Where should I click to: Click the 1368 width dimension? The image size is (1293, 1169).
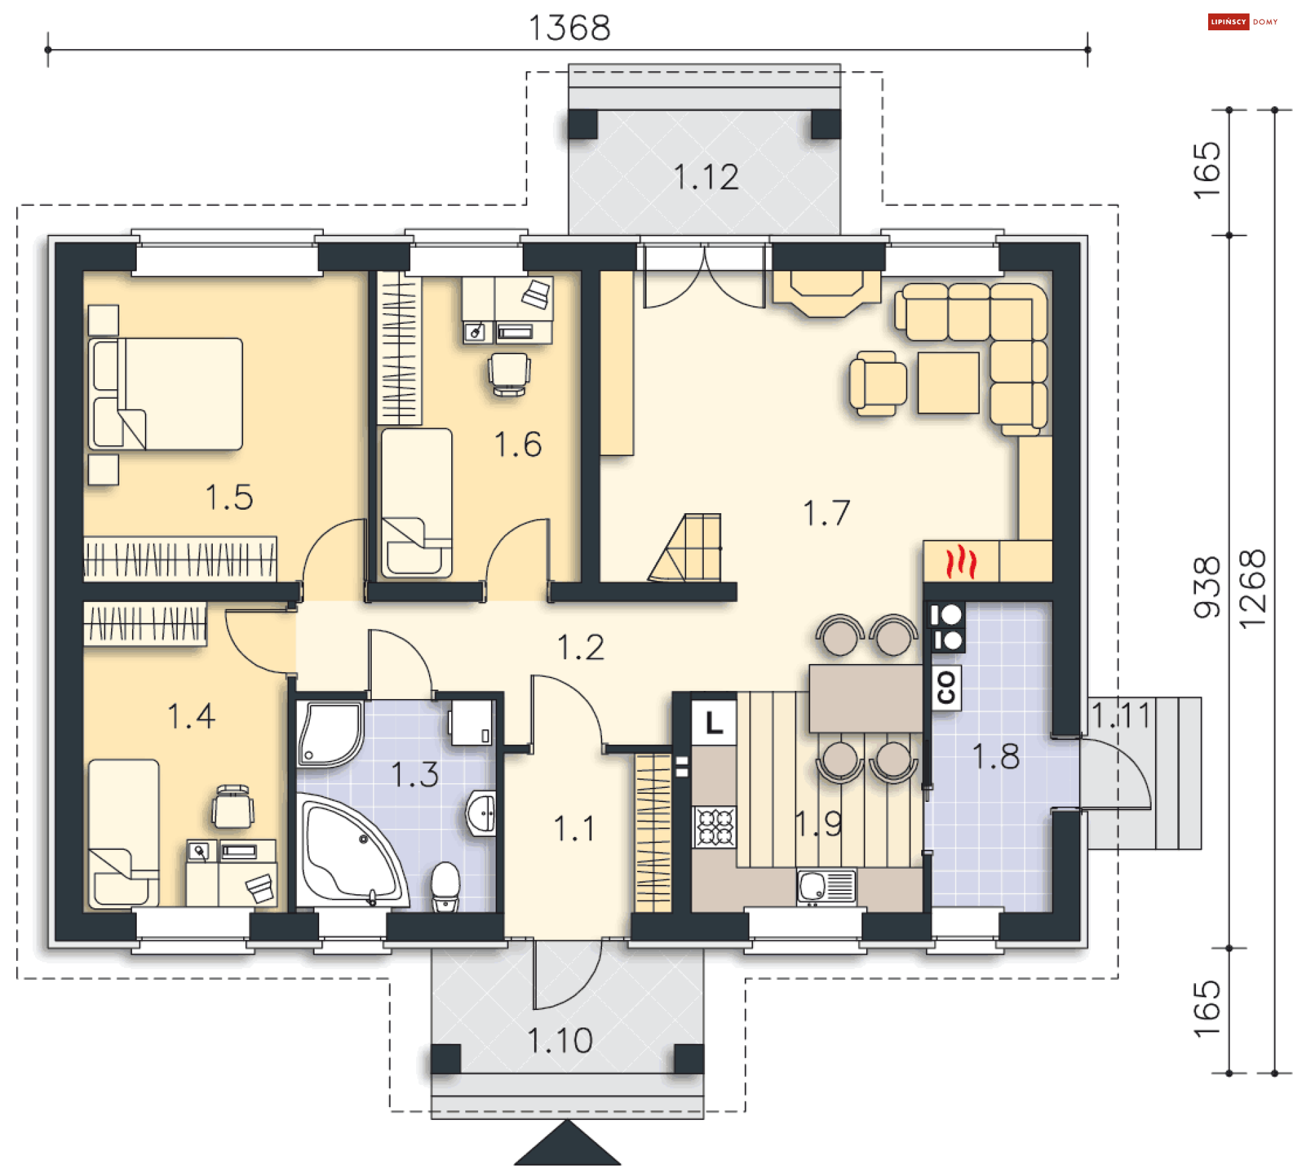[x=570, y=28]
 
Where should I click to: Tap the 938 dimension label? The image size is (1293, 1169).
[x=1207, y=587]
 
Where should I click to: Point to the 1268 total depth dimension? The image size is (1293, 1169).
[x=1253, y=590]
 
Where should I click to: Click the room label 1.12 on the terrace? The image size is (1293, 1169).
[x=706, y=177]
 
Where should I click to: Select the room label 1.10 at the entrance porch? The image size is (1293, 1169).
[x=560, y=1040]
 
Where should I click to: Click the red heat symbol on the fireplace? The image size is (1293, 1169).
[x=961, y=563]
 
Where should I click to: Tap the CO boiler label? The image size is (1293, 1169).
[x=946, y=688]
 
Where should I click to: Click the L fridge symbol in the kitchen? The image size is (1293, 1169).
[x=714, y=723]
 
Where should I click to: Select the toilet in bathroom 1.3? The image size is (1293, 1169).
[x=444, y=886]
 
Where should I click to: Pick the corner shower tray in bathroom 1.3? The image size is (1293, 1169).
[x=329, y=734]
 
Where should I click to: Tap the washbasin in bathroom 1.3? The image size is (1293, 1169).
[x=482, y=813]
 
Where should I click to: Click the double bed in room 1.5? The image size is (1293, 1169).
[x=166, y=394]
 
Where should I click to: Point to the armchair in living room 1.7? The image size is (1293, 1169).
[x=877, y=383]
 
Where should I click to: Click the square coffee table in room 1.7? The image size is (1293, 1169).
[x=948, y=382]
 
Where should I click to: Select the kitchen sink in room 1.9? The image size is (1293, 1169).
[x=826, y=886]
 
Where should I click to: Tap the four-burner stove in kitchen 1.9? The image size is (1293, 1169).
[x=715, y=827]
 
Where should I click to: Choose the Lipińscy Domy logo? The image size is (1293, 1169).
[x=1243, y=22]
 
